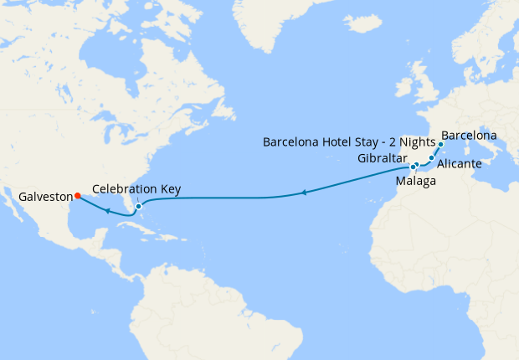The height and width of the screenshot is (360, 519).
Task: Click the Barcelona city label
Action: click(x=469, y=135)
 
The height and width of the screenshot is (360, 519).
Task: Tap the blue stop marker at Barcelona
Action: click(x=440, y=145)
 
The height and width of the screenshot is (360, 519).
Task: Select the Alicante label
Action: click(x=459, y=163)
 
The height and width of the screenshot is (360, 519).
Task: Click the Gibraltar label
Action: click(x=382, y=158)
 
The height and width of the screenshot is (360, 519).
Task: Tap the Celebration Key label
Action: click(x=137, y=188)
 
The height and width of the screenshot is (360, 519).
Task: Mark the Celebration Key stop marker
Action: click(x=139, y=206)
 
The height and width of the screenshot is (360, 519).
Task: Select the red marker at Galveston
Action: click(x=77, y=196)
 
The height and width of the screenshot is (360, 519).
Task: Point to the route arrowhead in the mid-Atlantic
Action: click(x=303, y=194)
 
